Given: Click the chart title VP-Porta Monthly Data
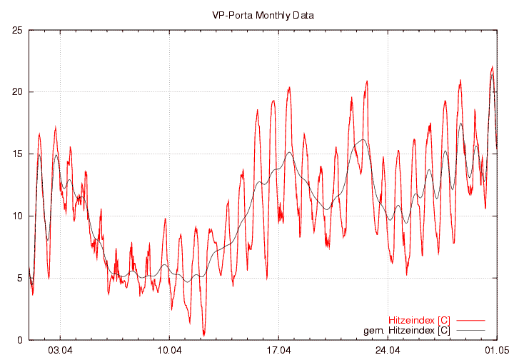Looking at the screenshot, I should pyautogui.click(x=263, y=14).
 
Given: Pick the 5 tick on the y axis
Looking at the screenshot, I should pyautogui.click(x=20, y=279).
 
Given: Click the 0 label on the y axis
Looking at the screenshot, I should pyautogui.click(x=20, y=340).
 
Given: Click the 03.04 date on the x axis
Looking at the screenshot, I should pyautogui.click(x=61, y=351).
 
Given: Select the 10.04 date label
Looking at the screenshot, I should pyautogui.click(x=169, y=351).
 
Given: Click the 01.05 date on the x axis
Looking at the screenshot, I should pyautogui.click(x=496, y=351).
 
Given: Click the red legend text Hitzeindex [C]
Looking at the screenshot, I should pyautogui.click(x=419, y=320).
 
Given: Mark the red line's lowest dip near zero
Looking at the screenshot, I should pyautogui.click(x=203, y=334).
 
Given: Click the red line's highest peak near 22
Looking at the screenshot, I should pyautogui.click(x=492, y=67).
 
